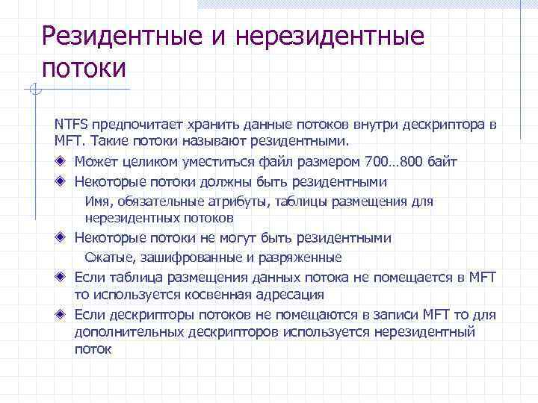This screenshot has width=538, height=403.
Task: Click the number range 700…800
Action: tap(394, 162)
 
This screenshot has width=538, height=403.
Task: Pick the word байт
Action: tap(442, 162)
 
